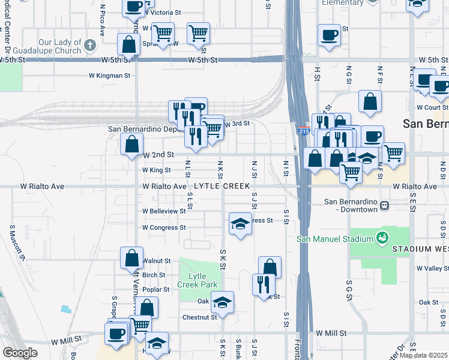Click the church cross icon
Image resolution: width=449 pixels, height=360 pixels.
(89, 45)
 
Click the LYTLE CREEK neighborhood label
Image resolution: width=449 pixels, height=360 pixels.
(221, 187)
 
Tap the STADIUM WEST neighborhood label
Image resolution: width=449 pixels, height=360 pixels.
(420, 248)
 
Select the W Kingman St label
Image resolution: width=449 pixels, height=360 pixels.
(110, 76)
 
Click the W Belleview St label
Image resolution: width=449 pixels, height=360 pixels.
(164, 211)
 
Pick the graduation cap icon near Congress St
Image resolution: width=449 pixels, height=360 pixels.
(240, 224)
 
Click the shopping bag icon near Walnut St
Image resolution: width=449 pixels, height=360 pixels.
(131, 258)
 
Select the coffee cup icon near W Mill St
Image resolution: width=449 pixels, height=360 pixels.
(116, 333)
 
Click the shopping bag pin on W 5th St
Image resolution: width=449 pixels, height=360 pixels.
(129, 44)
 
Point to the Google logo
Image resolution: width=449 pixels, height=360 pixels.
(20, 353)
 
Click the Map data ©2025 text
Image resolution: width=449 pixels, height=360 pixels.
(424, 355)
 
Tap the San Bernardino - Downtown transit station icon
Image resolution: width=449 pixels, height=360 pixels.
(383, 206)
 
